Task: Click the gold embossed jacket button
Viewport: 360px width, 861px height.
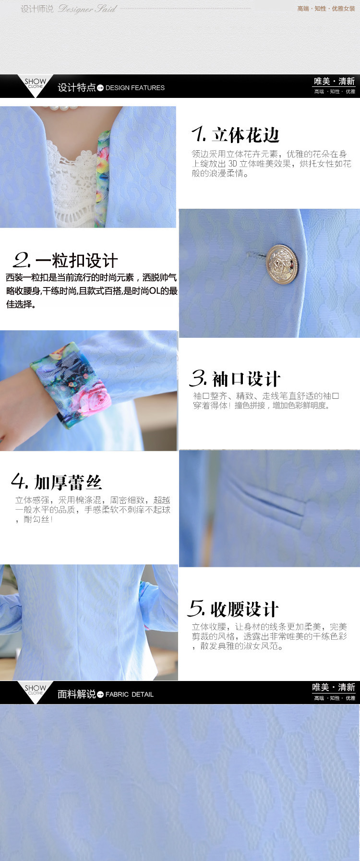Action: click(x=282, y=264)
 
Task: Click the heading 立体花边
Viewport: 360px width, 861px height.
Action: click(x=245, y=135)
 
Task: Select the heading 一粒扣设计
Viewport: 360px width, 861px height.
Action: click(x=76, y=260)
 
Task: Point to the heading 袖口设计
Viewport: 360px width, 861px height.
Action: click(x=246, y=379)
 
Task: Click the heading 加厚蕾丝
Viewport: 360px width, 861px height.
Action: click(x=68, y=482)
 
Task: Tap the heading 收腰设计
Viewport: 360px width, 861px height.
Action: click(x=244, y=609)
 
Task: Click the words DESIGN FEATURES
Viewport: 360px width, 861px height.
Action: click(x=135, y=88)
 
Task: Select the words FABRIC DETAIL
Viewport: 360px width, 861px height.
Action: click(x=130, y=694)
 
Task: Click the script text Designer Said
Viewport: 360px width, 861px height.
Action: click(x=87, y=9)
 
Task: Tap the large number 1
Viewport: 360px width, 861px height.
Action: click(x=199, y=134)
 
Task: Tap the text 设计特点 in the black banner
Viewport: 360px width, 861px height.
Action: click(x=76, y=87)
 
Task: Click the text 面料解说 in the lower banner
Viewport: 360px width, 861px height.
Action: click(x=76, y=694)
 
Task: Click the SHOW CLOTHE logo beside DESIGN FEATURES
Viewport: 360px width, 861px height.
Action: click(x=36, y=84)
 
